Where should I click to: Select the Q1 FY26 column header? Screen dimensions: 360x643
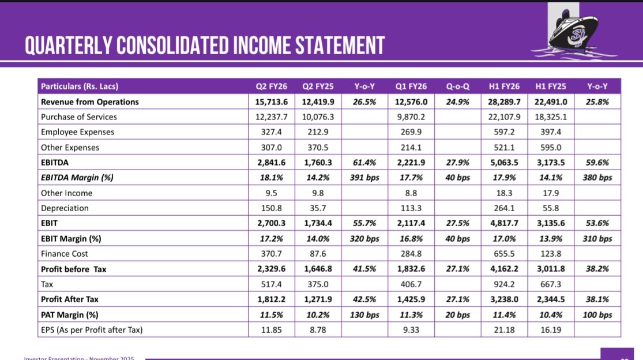411,87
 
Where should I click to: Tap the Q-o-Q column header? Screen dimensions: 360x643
457,87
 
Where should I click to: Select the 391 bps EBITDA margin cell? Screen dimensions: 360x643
365,178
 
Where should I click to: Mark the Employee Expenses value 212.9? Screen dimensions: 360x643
318,132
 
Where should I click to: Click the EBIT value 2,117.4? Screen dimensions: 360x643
411,223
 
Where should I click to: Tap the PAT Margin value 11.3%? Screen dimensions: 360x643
411,315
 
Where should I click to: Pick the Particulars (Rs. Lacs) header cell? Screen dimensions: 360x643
80,87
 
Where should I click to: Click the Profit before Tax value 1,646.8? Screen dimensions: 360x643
318,269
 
